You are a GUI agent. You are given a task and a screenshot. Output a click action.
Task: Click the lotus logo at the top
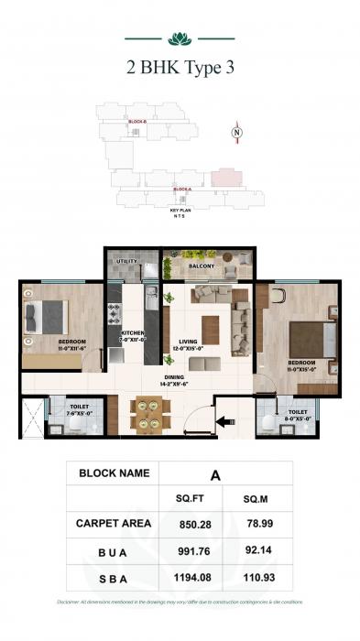click(180, 38)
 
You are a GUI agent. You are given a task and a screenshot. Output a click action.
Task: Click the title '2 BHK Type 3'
click(180, 67)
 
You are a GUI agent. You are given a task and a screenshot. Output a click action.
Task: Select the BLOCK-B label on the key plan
click(138, 121)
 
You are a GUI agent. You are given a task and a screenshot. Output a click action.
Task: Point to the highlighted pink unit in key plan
click(222, 178)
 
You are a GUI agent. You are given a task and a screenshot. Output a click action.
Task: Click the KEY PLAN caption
click(180, 212)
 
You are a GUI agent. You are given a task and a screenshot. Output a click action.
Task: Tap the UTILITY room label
click(127, 261)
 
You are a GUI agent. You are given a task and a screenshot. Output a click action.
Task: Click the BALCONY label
click(202, 266)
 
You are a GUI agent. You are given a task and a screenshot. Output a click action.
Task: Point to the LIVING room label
click(188, 342)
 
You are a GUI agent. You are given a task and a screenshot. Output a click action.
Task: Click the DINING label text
click(173, 376)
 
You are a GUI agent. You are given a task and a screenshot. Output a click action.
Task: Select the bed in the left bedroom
click(47, 317)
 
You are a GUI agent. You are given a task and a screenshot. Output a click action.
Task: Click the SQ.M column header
click(256, 498)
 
